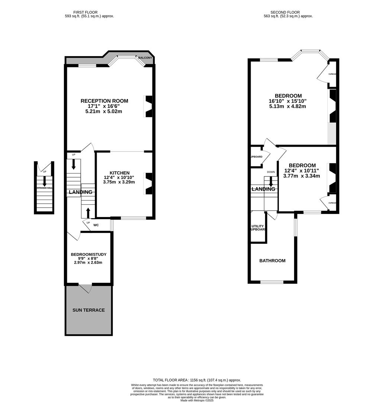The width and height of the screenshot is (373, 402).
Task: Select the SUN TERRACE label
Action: click(x=89, y=310)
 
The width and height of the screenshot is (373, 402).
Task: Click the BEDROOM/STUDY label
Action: click(x=89, y=255)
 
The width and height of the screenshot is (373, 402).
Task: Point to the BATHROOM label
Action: click(x=272, y=261)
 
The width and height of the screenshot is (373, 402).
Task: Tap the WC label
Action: click(x=96, y=225)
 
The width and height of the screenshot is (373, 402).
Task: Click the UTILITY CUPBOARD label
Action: click(x=258, y=227)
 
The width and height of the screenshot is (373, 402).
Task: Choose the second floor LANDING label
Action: click(x=263, y=189)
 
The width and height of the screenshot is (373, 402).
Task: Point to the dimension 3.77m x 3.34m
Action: click(x=302, y=176)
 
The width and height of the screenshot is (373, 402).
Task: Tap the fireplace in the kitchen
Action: click(x=148, y=184)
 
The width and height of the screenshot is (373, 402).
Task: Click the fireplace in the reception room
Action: click(x=148, y=106)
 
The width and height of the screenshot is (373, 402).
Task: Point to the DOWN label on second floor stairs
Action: click(x=271, y=172)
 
